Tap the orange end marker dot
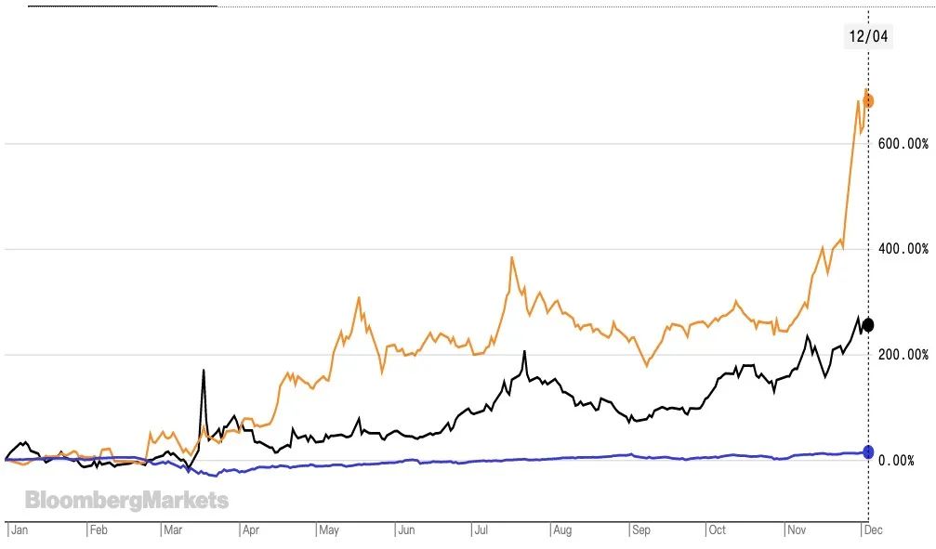tap(867, 100)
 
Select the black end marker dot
tap(868, 324)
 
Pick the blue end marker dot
tap(868, 451)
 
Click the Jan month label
tap(18, 531)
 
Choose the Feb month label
tap(99, 531)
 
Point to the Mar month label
tap(174, 531)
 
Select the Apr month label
tap(251, 531)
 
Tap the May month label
tap(329, 531)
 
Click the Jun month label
tap(406, 531)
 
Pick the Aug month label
tap(562, 531)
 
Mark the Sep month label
tap(640, 531)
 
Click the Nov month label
tap(798, 531)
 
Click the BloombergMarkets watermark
tap(126, 502)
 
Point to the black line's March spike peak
tap(203, 371)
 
